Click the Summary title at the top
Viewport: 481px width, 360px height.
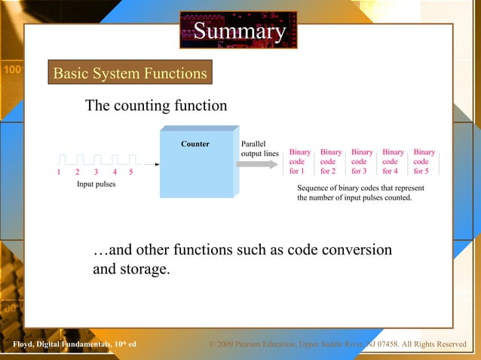pos(239,32)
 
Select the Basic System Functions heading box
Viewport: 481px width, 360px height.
pos(129,73)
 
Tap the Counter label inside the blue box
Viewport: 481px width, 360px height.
pos(195,144)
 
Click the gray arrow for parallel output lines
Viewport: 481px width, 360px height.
pos(257,164)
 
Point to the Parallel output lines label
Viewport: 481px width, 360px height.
pos(259,149)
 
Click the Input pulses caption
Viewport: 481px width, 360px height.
pos(96,185)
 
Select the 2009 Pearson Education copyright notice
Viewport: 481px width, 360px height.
pos(337,345)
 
